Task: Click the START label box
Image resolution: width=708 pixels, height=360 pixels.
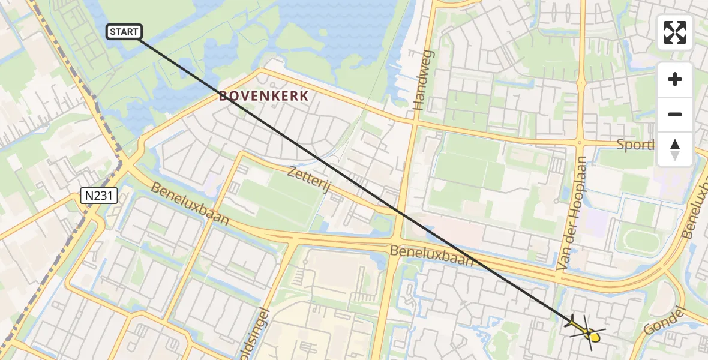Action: tap(124, 32)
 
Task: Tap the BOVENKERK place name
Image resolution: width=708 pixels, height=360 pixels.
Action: tap(264, 96)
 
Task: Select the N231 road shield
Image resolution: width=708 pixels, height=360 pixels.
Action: tap(98, 195)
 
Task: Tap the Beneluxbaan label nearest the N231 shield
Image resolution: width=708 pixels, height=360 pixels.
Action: tap(190, 204)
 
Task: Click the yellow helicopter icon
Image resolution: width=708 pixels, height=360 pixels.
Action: tap(584, 330)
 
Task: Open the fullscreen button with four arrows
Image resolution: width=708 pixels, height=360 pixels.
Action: tap(675, 32)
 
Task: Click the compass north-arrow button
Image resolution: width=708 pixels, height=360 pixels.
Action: tap(675, 149)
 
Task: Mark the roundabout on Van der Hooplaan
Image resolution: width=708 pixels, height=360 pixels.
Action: tap(580, 143)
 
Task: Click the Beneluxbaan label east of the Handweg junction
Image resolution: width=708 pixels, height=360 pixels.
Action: tap(431, 255)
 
